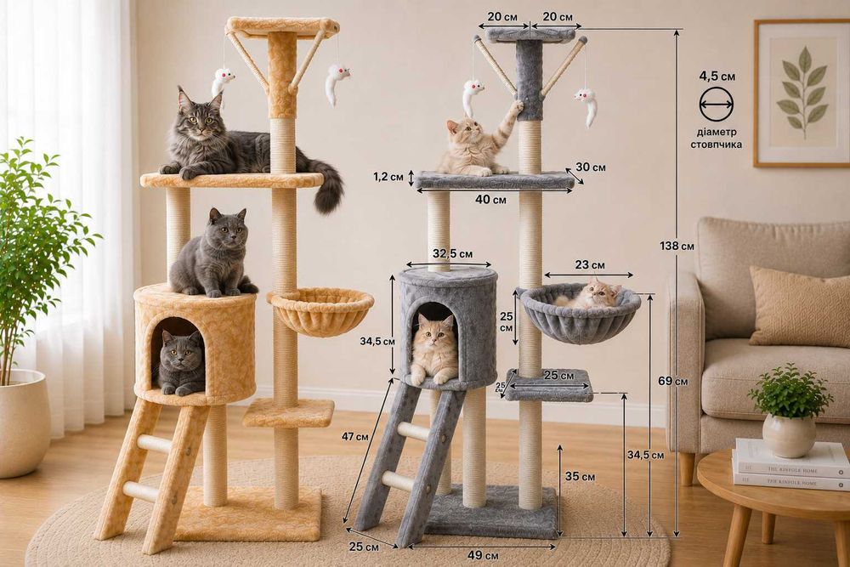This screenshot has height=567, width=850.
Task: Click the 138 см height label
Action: coord(677,247)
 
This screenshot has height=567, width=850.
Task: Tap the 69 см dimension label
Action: coord(672,381)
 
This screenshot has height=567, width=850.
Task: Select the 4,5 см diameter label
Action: coord(717,76)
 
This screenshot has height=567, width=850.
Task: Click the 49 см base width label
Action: coord(483,555)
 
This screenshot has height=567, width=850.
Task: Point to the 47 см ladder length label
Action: coord(355,436)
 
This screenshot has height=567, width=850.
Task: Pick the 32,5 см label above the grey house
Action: coord(453,253)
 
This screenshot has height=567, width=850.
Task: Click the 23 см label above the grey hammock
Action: coord(590,265)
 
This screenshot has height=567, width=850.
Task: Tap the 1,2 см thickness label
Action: coord(388,177)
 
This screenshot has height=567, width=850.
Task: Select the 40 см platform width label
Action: coord(490,200)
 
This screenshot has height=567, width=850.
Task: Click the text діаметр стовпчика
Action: coord(716,139)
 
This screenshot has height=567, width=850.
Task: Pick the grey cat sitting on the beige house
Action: coord(213,253)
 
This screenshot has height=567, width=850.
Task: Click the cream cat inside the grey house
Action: coord(433,350)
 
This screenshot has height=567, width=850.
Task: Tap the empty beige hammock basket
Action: coord(320,310)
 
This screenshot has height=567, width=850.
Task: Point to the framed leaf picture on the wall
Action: coord(802,94)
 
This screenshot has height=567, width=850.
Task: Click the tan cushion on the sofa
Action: coord(799,306)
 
